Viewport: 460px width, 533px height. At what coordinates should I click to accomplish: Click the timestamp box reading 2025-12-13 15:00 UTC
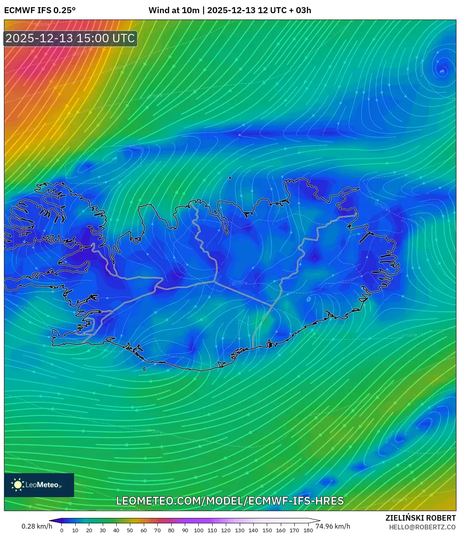coord(70,38)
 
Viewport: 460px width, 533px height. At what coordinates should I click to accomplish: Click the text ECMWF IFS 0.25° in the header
coord(40,10)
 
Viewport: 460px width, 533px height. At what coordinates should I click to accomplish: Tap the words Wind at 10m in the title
coord(174,10)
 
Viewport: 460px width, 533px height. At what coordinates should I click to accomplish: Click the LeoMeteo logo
coord(39,485)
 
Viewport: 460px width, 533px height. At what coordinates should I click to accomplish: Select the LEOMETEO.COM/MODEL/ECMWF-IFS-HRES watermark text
coord(230,501)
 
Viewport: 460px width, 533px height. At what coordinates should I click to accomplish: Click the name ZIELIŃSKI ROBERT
coord(420,518)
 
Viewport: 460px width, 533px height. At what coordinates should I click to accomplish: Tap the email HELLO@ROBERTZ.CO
coord(422,527)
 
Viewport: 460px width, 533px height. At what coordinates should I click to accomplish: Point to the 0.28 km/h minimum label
coord(37,526)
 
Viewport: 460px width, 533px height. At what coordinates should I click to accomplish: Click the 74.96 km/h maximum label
coord(333,526)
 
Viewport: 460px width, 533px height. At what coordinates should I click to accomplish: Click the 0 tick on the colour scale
coord(62,530)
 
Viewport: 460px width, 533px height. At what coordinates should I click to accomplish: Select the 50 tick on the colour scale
coord(130,530)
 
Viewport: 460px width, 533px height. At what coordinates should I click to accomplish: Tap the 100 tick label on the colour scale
coord(198,530)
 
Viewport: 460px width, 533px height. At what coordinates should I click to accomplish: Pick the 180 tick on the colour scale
coord(308,530)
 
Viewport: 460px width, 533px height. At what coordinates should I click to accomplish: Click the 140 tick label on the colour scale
coord(253,530)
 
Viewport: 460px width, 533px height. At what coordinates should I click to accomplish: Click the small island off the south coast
coord(144,369)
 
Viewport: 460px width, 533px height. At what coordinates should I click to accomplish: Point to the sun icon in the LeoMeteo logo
coord(18,485)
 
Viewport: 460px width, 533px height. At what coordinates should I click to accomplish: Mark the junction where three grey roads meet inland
coord(214,281)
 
